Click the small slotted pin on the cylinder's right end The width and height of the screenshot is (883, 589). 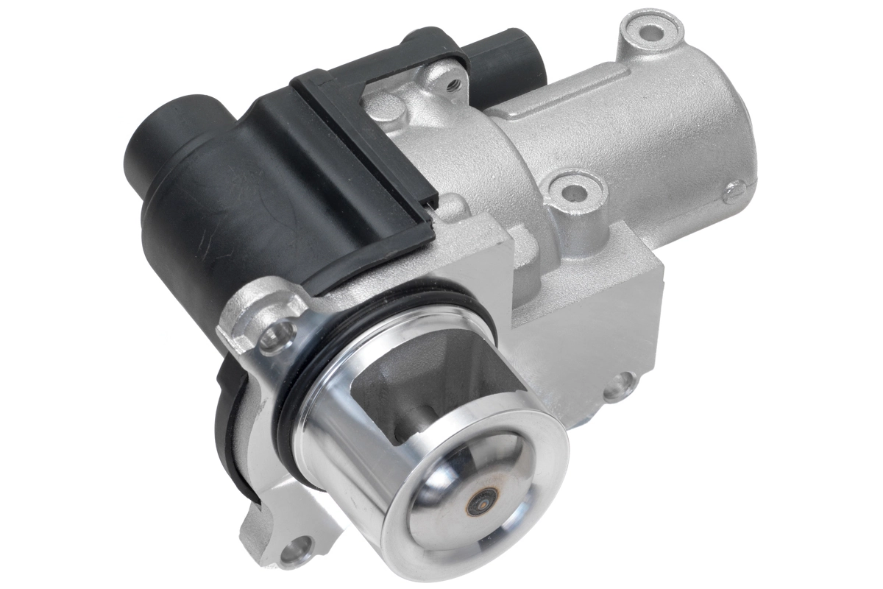(731, 195)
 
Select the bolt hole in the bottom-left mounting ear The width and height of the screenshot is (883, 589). (299, 548)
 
